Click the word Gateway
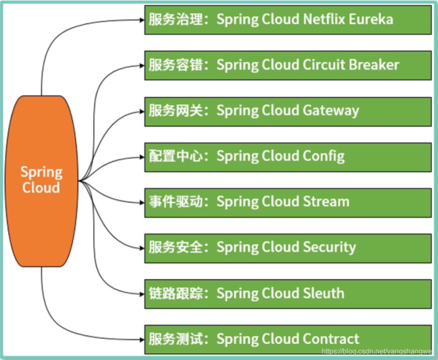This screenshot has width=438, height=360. click(x=330, y=110)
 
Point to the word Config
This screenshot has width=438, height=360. click(x=323, y=156)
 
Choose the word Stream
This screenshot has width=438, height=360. click(x=325, y=202)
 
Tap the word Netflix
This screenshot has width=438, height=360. click(x=314, y=19)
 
